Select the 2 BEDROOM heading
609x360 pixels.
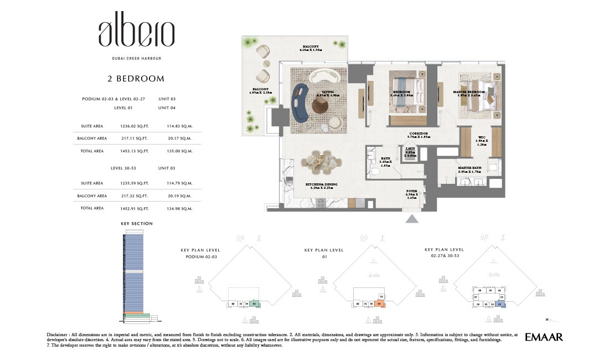(x=136, y=79)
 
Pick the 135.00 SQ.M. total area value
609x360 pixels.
(x=179, y=151)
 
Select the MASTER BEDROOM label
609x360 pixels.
(x=468, y=92)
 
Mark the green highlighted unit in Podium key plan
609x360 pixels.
(x=254, y=304)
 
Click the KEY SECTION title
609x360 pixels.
(x=136, y=224)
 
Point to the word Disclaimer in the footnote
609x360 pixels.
(x=60, y=335)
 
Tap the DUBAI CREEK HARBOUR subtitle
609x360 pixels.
(x=136, y=58)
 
